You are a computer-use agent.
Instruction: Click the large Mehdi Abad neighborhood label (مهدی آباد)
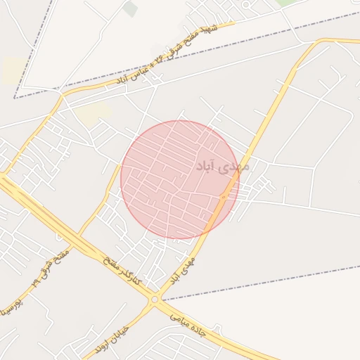click(220, 167)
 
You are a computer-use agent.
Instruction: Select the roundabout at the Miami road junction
click(154, 300)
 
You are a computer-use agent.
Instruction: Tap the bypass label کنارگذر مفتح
click(121, 271)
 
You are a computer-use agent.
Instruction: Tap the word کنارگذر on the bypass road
click(130, 280)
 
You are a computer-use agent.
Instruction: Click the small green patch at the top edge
click(130, 8)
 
